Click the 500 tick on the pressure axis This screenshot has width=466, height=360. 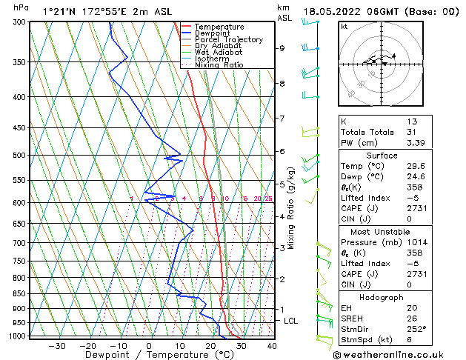click(19, 156)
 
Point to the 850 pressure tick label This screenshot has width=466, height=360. click(19, 294)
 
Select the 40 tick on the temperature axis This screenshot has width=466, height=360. click(272, 345)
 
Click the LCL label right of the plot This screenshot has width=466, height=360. click(290, 321)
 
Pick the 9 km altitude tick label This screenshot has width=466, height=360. click(282, 48)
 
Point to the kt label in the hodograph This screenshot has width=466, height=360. click(344, 26)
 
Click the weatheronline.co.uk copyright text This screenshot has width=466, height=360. click(398, 355)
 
